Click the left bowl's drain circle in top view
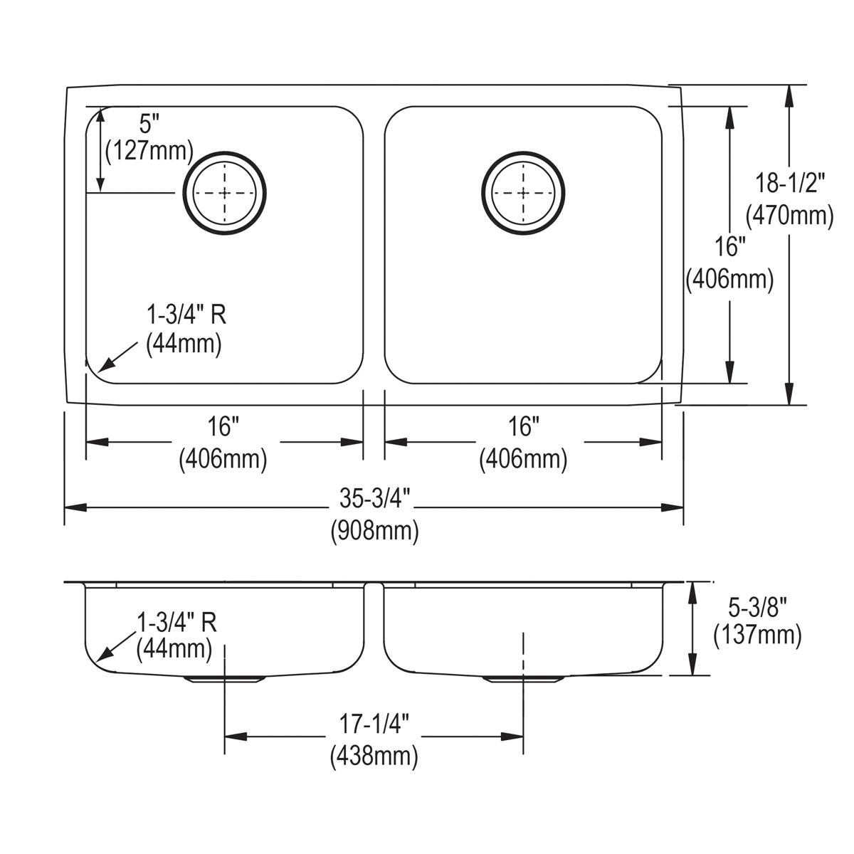point(226,192)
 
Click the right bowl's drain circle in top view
point(524,192)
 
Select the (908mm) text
point(374,531)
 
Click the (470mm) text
point(789,214)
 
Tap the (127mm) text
point(149,150)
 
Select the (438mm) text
point(374,757)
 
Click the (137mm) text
point(757,635)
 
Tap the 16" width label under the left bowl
point(223,428)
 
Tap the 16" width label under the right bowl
point(523,428)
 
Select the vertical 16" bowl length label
point(729,247)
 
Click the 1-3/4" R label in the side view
point(176,623)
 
